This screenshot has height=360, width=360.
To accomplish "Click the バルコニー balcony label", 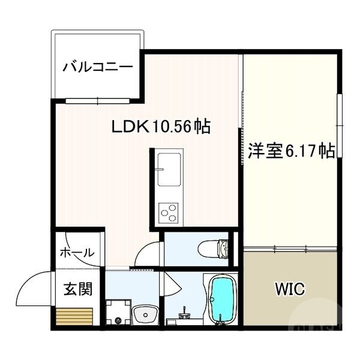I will pos(98,65).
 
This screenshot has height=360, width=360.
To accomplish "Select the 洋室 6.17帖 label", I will pos(291,151).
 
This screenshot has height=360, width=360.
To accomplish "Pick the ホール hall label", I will pos(77,253).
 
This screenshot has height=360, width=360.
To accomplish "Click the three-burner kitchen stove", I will pos(169,211).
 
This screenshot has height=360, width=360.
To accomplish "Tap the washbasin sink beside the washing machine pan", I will pos(145,313).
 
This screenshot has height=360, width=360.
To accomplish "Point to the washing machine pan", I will pos(118,313).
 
